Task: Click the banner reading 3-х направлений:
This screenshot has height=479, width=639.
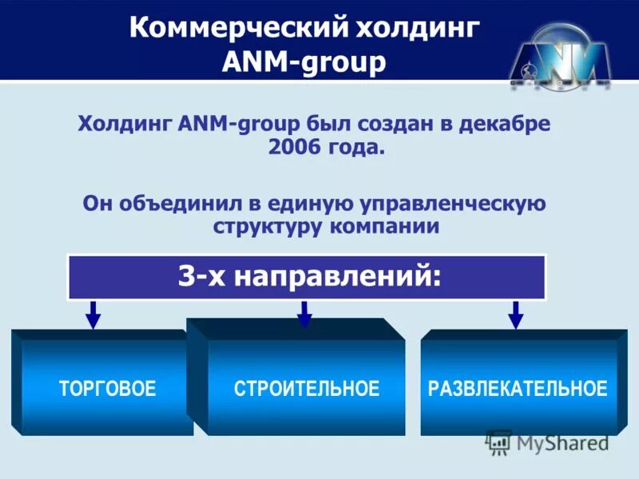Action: [x=306, y=277]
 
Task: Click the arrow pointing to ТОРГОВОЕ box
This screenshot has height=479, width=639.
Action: [x=93, y=315]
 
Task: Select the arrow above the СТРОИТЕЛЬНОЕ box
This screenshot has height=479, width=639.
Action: [x=304, y=315]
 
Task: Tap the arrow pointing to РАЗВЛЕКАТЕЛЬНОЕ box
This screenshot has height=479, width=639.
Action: [x=515, y=315]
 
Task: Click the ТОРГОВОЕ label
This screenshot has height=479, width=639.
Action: [x=107, y=390]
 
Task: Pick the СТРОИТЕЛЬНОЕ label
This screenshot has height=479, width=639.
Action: [x=307, y=390]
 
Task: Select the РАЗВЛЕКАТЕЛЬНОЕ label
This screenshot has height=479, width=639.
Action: [x=518, y=390]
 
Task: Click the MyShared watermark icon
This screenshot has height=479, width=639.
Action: [x=499, y=443]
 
